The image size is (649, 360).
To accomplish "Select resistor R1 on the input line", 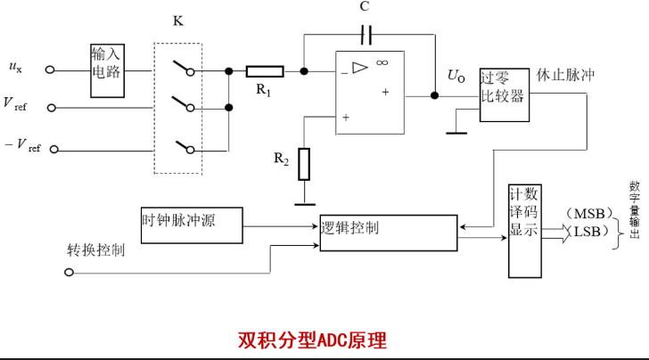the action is point(265,71).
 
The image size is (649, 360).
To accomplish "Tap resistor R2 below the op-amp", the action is point(304,164).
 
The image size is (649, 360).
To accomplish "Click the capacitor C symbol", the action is point(366,35).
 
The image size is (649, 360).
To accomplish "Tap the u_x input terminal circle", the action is point(50,70).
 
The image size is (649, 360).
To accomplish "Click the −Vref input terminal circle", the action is point(53,150).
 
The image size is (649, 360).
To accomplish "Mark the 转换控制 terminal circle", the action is point(70,273).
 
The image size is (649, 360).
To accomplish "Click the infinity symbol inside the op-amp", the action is point(382,62).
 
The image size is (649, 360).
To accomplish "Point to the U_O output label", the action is point(456,76).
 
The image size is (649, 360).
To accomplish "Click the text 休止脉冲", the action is point(565,75).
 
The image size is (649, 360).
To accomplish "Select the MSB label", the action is point(589,214).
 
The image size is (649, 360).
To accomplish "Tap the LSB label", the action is point(587,232).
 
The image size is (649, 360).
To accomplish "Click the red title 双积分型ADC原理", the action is point(312,340).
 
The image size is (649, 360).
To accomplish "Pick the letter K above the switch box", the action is point(178,20).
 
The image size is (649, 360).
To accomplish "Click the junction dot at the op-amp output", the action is point(435,95).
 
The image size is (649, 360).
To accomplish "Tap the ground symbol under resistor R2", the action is point(305,204).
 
